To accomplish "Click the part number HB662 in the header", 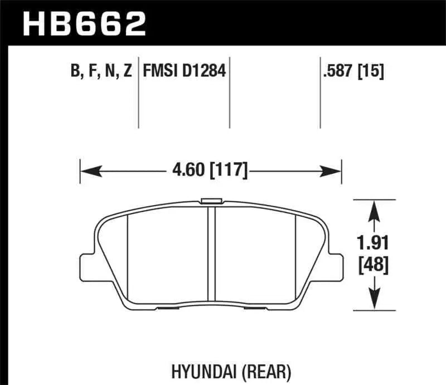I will pos(83,23).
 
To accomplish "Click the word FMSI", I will pos(159,71).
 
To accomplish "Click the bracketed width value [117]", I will pos(229,169).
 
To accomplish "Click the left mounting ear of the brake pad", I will pos(86,267).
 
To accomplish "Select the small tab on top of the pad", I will pos(211,201).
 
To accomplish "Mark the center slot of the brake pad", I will pos(211,251).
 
